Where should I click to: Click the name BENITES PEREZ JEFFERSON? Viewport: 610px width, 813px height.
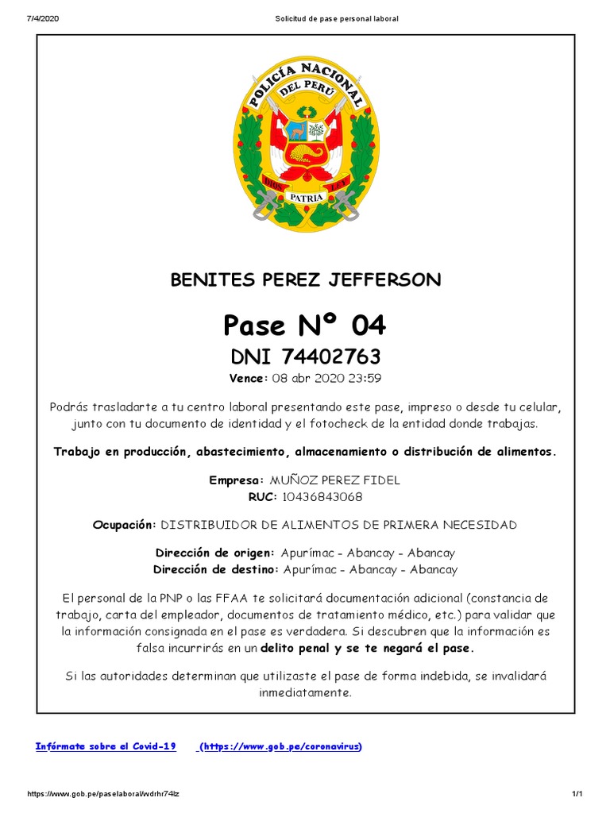tap(306, 279)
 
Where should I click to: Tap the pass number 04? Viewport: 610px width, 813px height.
tap(369, 325)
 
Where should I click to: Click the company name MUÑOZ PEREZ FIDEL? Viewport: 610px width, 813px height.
tap(335, 480)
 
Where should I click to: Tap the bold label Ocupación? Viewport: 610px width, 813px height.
tap(125, 525)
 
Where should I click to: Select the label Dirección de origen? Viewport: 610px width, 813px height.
tap(214, 553)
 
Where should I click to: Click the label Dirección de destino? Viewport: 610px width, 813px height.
tap(214, 569)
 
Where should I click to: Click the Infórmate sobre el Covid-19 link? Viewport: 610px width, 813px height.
tap(106, 746)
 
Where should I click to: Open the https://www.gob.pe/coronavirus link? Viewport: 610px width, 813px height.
tap(280, 746)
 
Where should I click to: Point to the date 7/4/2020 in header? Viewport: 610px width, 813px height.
tap(44, 18)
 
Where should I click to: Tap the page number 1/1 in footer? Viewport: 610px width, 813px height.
tap(577, 795)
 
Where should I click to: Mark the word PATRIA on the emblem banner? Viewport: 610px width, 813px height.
tap(306, 196)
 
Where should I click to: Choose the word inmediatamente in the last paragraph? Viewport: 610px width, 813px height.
tap(305, 692)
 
